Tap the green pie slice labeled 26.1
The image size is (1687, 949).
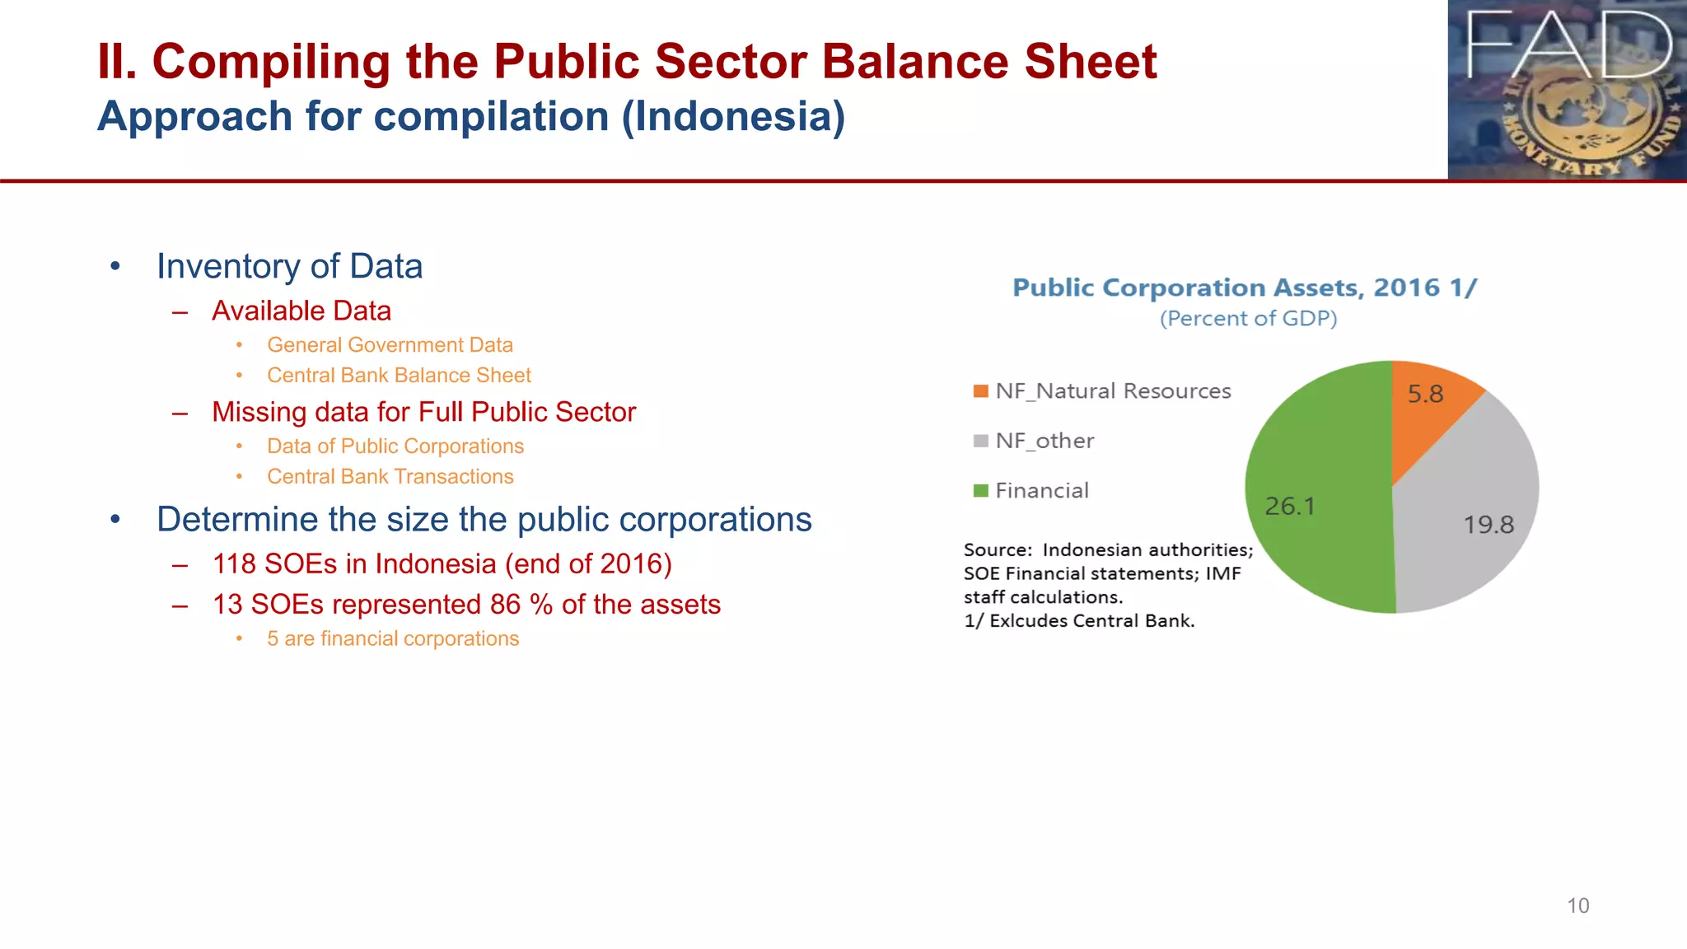click(1310, 494)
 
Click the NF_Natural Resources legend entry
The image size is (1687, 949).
click(1112, 391)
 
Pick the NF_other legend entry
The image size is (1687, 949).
click(1044, 441)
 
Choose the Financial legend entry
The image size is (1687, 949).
click(1041, 491)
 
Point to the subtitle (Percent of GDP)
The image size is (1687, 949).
click(1248, 319)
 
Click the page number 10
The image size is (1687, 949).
click(1577, 905)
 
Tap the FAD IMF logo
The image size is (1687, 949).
click(1567, 89)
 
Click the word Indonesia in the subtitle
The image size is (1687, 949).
click(732, 116)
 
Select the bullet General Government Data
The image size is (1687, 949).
click(390, 345)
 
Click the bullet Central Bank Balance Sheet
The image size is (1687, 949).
click(399, 376)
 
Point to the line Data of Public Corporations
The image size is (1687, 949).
click(395, 446)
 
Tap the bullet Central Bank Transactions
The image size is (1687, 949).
click(390, 477)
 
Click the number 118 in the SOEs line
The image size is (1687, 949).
click(234, 564)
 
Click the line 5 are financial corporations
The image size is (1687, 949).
click(393, 639)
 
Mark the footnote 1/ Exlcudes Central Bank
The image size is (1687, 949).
click(1079, 621)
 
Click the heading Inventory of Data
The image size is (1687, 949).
click(289, 267)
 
